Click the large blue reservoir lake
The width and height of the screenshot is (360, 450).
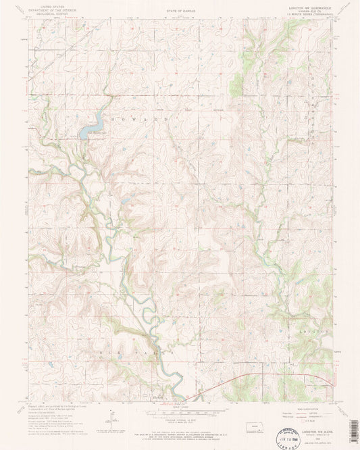[92, 126]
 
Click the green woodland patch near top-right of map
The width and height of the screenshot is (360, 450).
[237, 84]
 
